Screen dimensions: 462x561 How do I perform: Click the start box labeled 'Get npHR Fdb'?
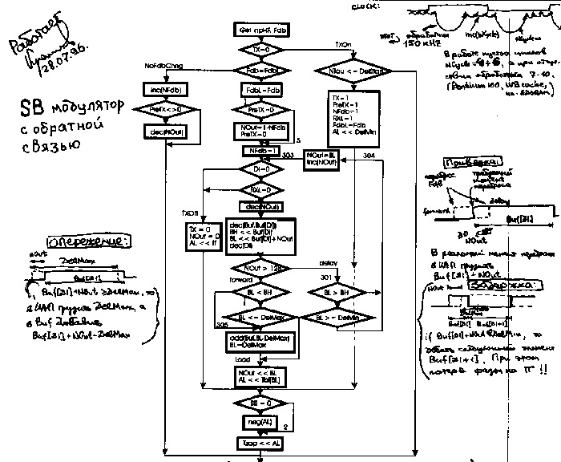tap(259, 30)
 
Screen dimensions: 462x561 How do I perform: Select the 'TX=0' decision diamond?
tap(259, 49)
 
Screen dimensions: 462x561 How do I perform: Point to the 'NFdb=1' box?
tap(259, 150)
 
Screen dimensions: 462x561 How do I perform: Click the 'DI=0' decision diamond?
tap(259, 170)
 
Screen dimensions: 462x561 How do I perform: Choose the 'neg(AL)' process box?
tap(259, 420)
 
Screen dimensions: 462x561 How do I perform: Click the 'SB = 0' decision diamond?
tap(259, 401)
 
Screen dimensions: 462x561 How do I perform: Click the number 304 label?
tap(369, 154)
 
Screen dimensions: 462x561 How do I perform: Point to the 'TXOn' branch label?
tap(343, 44)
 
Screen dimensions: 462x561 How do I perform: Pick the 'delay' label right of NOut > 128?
tap(328, 263)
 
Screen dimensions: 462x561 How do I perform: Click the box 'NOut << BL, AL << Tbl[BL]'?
tap(259, 377)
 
